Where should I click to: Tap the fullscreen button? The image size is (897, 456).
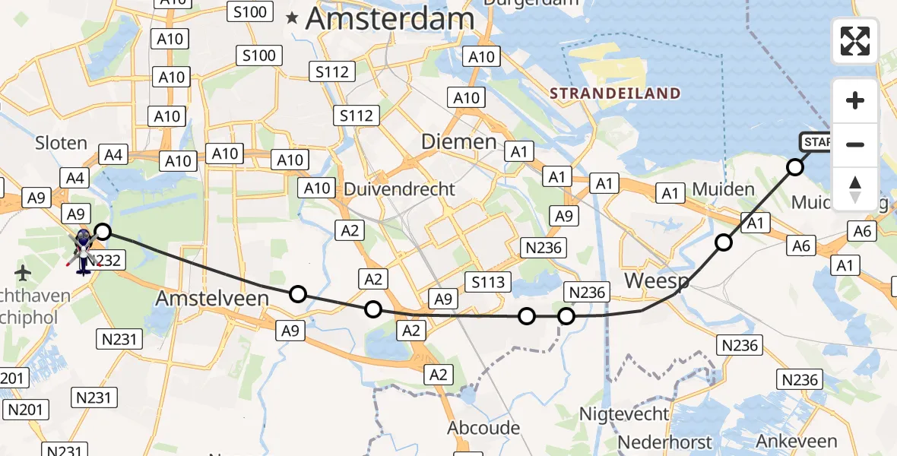(x=855, y=41)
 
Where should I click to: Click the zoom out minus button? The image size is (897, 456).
(x=855, y=144)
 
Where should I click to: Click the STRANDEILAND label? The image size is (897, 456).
(x=614, y=93)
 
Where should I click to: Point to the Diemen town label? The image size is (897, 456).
(x=458, y=142)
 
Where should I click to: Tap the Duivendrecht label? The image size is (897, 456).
(x=399, y=188)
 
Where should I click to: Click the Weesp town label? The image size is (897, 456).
(x=657, y=281)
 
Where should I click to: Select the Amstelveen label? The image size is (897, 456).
(x=212, y=299)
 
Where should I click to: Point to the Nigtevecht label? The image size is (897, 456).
(x=624, y=414)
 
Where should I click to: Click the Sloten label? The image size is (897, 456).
(x=61, y=142)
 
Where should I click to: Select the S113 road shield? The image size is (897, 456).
(x=488, y=283)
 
